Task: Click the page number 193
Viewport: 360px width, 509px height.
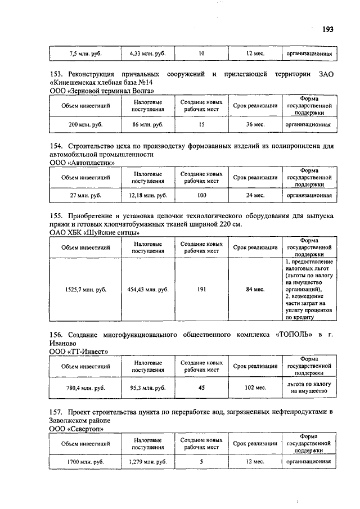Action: click(328, 29)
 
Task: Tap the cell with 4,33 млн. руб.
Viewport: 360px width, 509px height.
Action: click(148, 54)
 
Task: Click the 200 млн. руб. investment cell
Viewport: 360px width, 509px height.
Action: click(85, 124)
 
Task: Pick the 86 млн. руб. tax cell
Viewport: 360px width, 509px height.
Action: click(148, 124)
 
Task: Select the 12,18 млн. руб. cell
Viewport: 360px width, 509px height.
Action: click(148, 195)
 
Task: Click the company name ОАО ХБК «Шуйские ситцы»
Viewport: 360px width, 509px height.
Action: click(95, 233)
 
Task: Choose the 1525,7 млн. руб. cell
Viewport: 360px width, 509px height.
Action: click(85, 289)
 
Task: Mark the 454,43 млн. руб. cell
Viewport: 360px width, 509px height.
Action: click(148, 289)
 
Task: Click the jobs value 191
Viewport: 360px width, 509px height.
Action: click(201, 289)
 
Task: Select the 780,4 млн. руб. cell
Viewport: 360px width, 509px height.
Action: click(85, 387)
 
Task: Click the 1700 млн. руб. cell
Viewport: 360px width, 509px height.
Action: click(85, 462)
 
